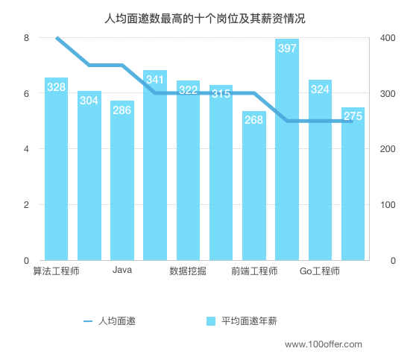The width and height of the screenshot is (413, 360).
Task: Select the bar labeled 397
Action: coord(287,157)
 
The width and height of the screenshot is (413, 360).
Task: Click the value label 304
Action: coord(89,101)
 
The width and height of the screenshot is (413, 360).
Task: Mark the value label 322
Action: coord(188,90)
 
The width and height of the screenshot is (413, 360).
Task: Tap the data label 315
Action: coord(221,94)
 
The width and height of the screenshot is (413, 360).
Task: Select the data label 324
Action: coord(320,89)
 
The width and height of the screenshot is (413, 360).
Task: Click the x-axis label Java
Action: coord(122,271)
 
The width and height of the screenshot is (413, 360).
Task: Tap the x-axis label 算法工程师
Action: coord(56,271)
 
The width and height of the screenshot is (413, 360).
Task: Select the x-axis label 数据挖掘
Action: coord(188,271)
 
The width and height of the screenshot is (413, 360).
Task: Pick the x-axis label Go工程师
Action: coord(320,271)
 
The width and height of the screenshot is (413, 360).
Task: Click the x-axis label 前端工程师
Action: coord(254,271)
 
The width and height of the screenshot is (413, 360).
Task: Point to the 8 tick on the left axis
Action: coord(26,38)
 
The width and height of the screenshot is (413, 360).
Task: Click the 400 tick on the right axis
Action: coord(388,38)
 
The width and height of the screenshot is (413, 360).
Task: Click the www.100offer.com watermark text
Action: coord(324,344)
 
